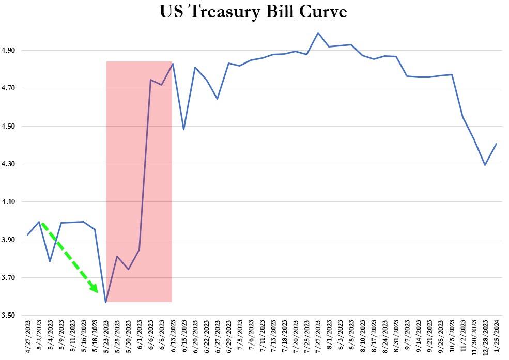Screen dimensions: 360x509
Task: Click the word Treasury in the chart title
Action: coord(223,11)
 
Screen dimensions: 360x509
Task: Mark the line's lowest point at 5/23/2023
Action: coord(106,302)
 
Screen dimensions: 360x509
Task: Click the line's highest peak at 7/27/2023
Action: coord(318,33)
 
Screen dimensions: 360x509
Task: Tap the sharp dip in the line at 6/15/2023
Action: coord(184,129)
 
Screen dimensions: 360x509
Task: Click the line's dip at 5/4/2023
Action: coord(50,261)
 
